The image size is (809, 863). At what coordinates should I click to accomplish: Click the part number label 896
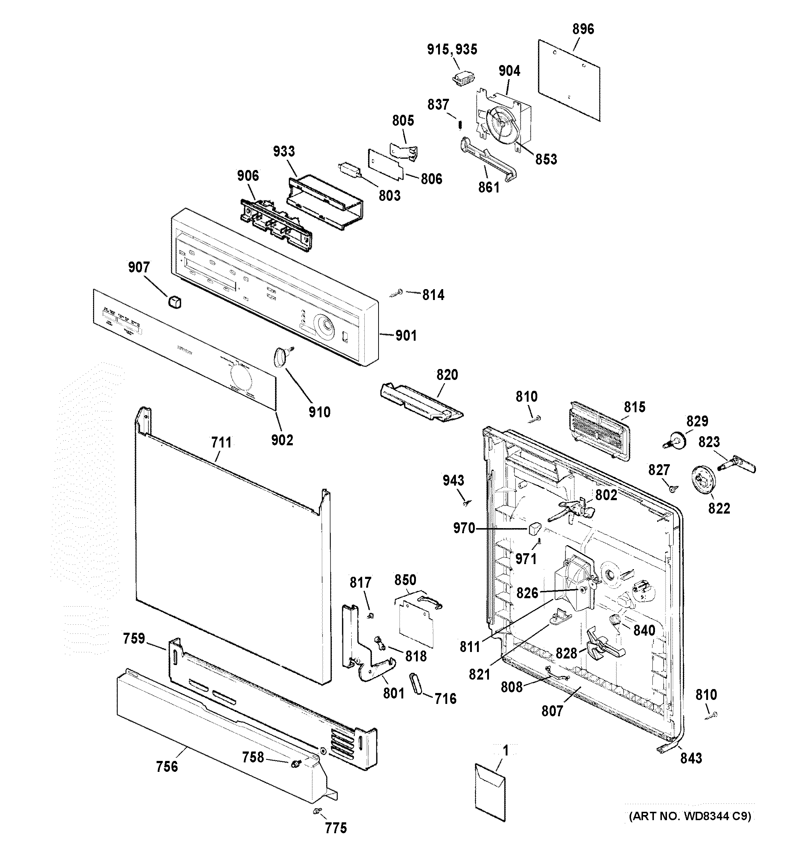pos(583,29)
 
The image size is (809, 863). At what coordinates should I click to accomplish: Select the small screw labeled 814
pos(397,293)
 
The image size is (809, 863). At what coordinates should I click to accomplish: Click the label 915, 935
pos(452,49)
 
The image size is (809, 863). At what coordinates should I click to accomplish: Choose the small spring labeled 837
pos(460,125)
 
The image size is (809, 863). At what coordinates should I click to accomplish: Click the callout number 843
pos(691,758)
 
